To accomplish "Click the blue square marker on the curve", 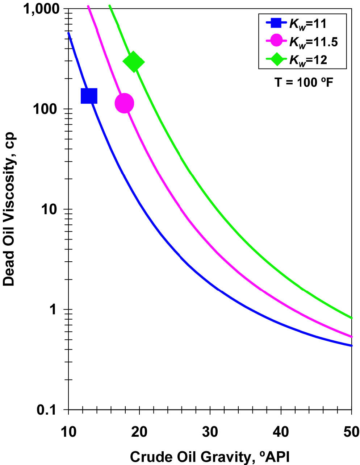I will tap(89, 96).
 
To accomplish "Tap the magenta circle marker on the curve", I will tap(124, 103).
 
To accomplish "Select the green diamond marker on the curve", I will tap(134, 62).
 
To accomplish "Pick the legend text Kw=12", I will tap(308, 59).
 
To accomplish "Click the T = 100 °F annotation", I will tap(304, 82).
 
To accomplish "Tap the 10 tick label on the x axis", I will tap(68, 432).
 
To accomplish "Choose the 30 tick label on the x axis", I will tap(210, 432).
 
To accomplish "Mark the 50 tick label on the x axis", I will tap(351, 432).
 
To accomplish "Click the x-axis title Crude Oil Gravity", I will tap(210, 457).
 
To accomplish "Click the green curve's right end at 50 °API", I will tap(351, 318).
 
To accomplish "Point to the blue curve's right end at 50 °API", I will tap(351, 345).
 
